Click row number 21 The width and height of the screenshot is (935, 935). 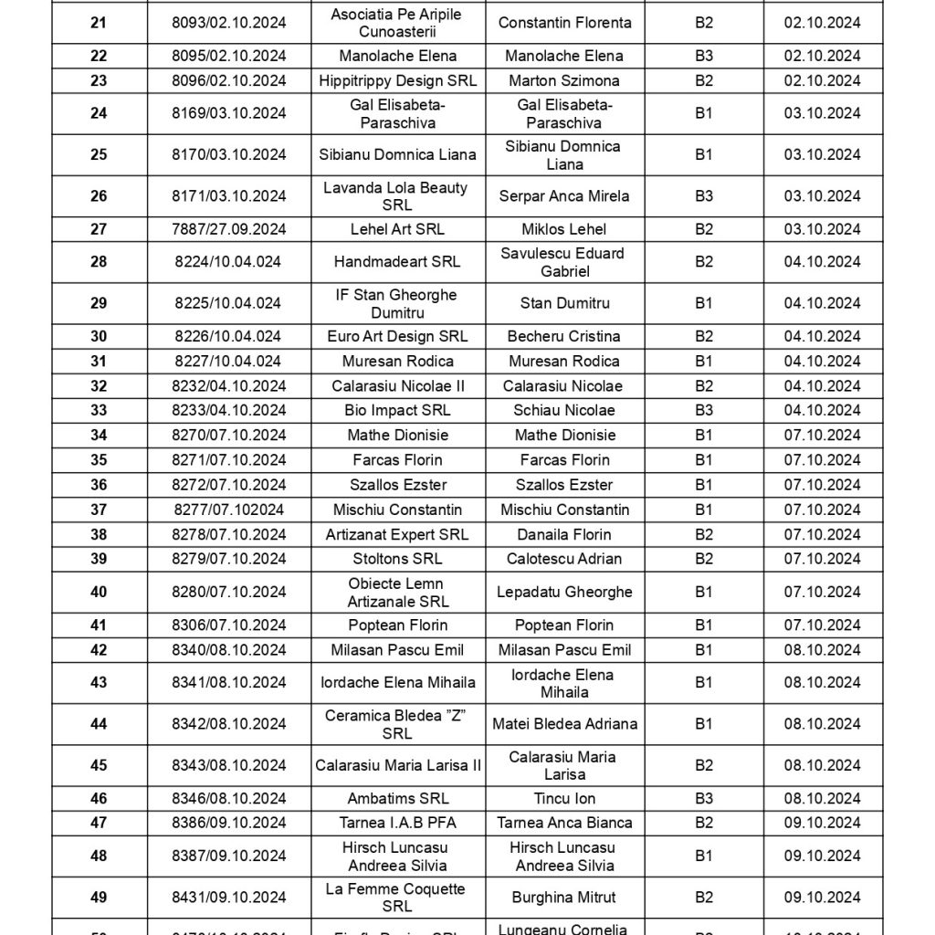(99, 23)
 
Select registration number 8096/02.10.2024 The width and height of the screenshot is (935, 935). (228, 80)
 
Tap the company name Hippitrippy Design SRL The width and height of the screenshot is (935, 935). (397, 80)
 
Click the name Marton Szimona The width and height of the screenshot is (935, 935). (564, 80)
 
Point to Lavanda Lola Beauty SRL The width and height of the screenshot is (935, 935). (397, 196)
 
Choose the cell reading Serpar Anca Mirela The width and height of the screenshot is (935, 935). (564, 195)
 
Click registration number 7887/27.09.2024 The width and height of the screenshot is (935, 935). (228, 229)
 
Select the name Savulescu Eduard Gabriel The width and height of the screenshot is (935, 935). (564, 262)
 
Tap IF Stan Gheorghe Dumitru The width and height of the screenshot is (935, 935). (397, 303)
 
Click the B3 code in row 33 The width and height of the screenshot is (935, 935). (703, 410)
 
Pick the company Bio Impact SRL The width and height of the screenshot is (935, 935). (397, 410)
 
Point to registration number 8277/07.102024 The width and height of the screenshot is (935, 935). (228, 510)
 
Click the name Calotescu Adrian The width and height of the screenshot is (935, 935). (564, 559)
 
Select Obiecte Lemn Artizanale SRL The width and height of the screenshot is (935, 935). (397, 592)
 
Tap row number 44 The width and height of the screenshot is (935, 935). (99, 724)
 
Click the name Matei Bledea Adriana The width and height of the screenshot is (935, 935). (564, 724)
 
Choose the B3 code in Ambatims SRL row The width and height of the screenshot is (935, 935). (703, 799)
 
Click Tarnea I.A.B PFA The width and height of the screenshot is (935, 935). (397, 824)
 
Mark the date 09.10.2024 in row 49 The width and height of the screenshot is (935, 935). (822, 898)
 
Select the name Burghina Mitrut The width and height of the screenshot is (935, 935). (564, 898)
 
